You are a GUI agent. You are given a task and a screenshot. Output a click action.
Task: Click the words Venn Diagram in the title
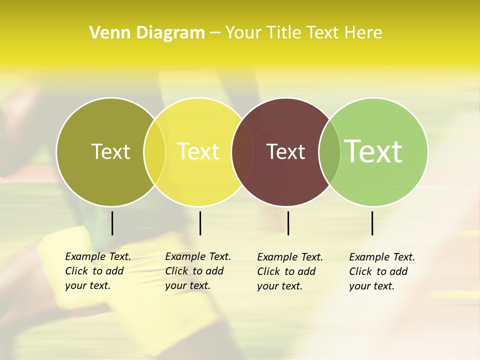147,33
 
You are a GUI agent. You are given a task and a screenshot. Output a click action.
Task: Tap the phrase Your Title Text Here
304,33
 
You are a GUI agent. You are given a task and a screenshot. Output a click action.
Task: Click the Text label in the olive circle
110,151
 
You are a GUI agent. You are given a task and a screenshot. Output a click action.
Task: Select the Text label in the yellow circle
198,151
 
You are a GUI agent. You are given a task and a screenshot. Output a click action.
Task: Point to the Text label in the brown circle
285,151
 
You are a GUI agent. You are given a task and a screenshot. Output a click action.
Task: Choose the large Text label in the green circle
373,151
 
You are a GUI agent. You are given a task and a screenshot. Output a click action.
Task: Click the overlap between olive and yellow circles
154,151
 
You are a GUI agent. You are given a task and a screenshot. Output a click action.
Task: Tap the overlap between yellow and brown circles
243,151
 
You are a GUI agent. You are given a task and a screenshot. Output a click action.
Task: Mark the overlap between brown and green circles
329,151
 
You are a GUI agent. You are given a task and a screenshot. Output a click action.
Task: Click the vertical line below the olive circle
112,223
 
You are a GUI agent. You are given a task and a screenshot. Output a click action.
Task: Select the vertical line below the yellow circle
200,223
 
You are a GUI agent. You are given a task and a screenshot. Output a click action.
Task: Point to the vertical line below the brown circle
288,223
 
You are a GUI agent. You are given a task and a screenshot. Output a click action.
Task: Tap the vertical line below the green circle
372,223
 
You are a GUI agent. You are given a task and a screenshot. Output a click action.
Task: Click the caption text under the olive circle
98,271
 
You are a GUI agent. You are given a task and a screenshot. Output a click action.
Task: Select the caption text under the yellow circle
198,271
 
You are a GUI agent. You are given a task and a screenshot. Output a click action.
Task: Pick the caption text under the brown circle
290,271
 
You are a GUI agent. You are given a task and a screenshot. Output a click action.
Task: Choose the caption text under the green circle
382,271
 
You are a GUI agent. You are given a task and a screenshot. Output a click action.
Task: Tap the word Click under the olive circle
76,271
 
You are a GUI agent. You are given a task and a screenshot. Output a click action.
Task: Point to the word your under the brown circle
267,286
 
